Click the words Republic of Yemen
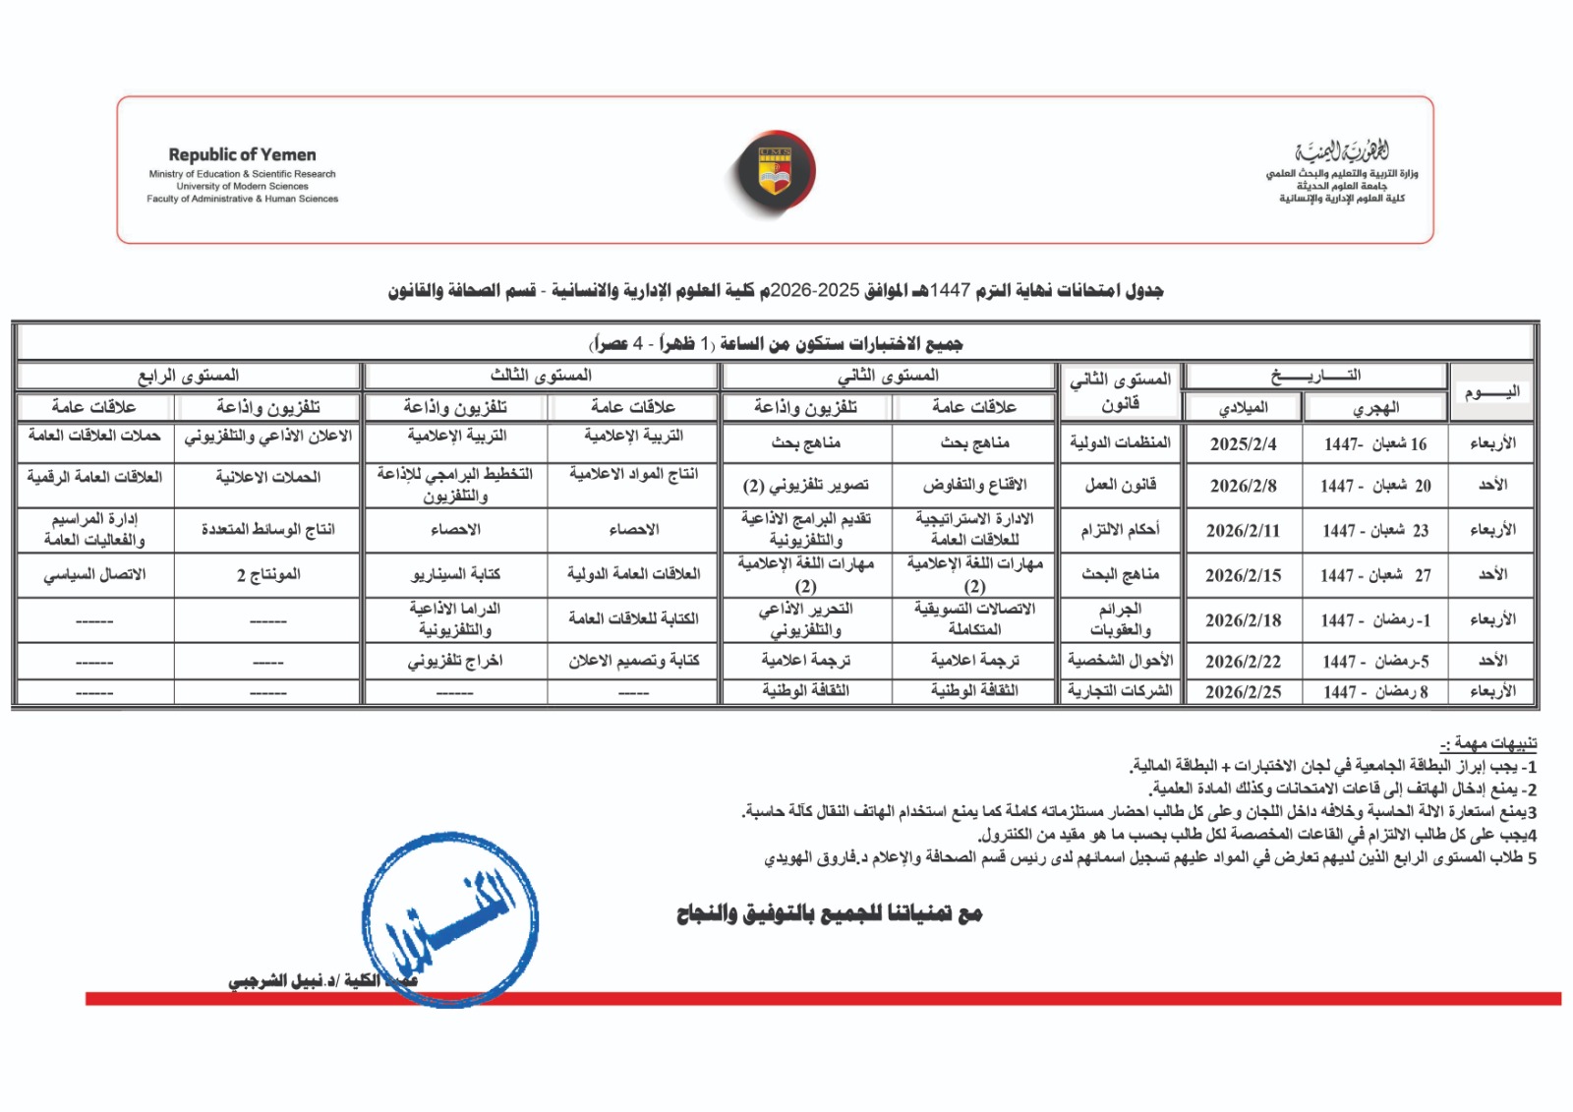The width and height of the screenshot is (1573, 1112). pos(242,154)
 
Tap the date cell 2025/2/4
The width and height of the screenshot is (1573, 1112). pos(1243,443)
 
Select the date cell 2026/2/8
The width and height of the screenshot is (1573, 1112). pos(1243,485)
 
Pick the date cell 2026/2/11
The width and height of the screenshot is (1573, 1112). pos(1243,530)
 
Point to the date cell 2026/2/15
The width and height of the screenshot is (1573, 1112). pos(1243,575)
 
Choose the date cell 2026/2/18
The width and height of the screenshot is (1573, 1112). pos(1243,620)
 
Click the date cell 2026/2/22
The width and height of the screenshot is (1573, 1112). pos(1243,662)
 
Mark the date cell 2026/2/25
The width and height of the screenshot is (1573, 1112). pos(1243,691)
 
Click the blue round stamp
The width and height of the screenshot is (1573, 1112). pos(450,919)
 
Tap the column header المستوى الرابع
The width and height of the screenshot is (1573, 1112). pos(189,376)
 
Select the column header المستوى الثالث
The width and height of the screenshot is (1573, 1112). pos(541,376)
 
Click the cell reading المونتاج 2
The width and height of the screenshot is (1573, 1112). pos(267,575)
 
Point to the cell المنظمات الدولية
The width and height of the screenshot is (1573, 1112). pos(1120,443)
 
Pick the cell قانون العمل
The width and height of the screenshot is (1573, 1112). pos(1120,485)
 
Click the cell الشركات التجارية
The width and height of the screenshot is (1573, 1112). pos(1120,691)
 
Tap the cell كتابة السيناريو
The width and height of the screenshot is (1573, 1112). pos(455,575)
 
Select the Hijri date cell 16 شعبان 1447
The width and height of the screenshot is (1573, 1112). pos(1374,443)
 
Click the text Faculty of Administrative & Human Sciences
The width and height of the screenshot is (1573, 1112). pos(242,199)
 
